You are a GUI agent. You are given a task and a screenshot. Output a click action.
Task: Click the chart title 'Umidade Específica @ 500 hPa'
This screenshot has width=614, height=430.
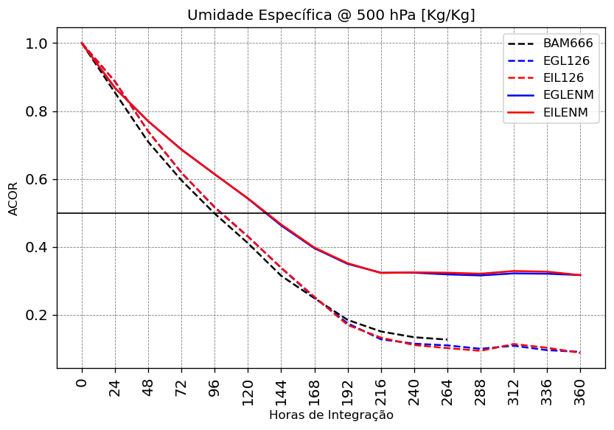tap(331, 15)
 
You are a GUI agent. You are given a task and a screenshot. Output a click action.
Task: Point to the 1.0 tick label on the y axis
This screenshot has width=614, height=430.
tap(36, 44)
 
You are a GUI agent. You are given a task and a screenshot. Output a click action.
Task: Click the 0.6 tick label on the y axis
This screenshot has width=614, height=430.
tap(36, 179)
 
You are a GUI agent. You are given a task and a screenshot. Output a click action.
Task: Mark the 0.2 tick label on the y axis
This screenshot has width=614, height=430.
tap(36, 315)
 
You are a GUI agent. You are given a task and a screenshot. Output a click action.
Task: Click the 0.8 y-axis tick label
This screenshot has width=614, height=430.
tap(36, 111)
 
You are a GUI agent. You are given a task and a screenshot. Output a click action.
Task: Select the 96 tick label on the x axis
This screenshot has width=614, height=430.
tap(215, 389)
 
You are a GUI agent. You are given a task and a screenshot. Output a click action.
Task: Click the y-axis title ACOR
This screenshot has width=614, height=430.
tap(13, 198)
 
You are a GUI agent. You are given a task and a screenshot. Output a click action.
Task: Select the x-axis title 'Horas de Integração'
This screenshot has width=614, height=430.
tap(331, 415)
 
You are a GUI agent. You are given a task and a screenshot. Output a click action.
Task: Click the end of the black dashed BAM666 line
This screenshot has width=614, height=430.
tap(447, 339)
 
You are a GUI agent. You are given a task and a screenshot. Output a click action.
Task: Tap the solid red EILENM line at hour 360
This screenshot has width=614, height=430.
tap(580, 275)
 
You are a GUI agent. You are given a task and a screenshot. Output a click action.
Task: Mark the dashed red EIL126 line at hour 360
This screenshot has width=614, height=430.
tap(580, 353)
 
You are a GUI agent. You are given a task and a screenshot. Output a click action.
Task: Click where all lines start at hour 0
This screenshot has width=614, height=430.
tap(82, 44)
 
